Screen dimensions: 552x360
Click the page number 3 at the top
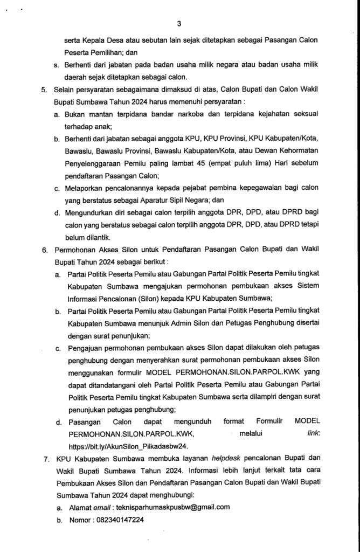(x=179, y=23)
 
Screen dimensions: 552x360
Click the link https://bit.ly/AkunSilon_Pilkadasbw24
(x=127, y=446)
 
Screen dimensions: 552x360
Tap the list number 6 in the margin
(x=44, y=250)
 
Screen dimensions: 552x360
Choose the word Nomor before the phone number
(x=79, y=521)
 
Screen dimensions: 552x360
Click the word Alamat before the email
(x=80, y=507)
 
